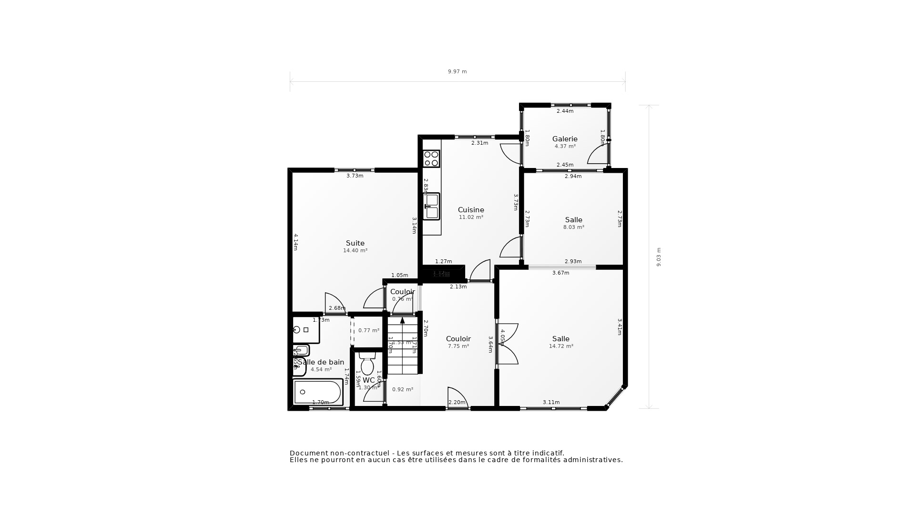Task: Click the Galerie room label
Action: pyautogui.click(x=565, y=139)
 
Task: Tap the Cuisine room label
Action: pyautogui.click(x=471, y=210)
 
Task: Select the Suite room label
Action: pyautogui.click(x=355, y=243)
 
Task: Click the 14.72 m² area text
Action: pyautogui.click(x=561, y=346)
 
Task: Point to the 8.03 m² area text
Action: pyautogui.click(x=574, y=227)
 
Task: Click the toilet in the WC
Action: pyautogui.click(x=367, y=365)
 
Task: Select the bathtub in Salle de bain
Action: pyautogui.click(x=317, y=392)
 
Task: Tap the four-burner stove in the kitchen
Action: pyautogui.click(x=431, y=158)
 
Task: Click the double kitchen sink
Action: pyautogui.click(x=432, y=207)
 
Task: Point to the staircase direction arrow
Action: pyautogui.click(x=402, y=320)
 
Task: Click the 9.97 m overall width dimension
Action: pyautogui.click(x=457, y=72)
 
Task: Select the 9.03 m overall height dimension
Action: pyautogui.click(x=659, y=257)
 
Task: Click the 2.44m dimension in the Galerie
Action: pyautogui.click(x=565, y=111)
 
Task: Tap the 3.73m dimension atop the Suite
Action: pyautogui.click(x=355, y=176)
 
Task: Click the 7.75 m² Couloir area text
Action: pyautogui.click(x=458, y=346)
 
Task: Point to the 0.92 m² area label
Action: pyautogui.click(x=402, y=389)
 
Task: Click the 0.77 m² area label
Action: pyautogui.click(x=369, y=330)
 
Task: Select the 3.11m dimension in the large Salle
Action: pyautogui.click(x=551, y=403)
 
